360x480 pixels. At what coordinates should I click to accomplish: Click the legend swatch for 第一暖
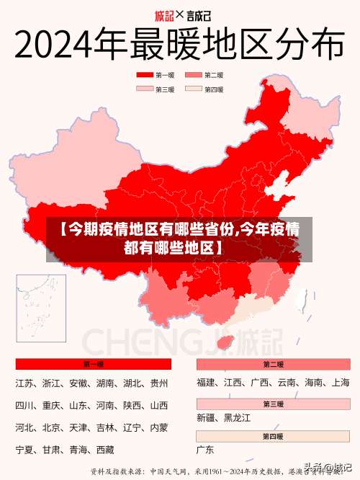click(x=144, y=75)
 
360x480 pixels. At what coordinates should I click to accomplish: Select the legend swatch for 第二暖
click(x=193, y=75)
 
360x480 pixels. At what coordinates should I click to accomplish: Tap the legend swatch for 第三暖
click(x=144, y=89)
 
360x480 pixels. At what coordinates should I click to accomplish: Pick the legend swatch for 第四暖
click(x=193, y=89)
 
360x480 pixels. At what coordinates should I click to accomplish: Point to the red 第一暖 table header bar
click(x=93, y=364)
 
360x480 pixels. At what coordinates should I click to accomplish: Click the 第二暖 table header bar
click(x=273, y=364)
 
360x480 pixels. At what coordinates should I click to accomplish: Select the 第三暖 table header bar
click(x=273, y=404)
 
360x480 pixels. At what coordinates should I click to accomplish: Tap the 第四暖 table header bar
click(x=273, y=436)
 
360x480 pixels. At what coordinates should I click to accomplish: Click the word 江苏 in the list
click(x=24, y=383)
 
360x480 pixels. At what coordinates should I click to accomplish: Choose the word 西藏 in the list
click(x=105, y=450)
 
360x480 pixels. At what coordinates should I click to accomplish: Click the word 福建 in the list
click(x=206, y=383)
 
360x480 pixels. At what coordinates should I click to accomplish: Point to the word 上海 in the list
click(x=340, y=383)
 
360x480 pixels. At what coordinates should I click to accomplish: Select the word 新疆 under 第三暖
click(x=206, y=418)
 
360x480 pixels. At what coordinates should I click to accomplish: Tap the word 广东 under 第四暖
click(x=206, y=450)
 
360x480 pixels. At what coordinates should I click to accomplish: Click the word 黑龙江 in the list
click(x=238, y=418)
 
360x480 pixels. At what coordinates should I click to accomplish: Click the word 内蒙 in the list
click(x=158, y=428)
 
